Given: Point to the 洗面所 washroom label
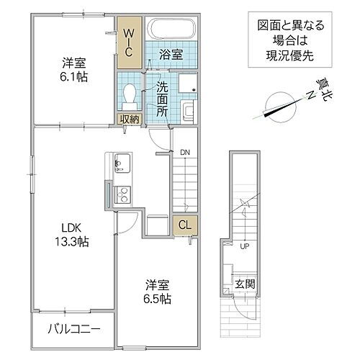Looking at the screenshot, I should [x=162, y=99].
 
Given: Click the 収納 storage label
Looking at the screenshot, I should [x=129, y=120].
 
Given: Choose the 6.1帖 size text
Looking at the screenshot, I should [x=74, y=76].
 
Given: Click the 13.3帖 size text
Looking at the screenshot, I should [x=73, y=243].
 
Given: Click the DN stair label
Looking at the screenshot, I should [x=184, y=152].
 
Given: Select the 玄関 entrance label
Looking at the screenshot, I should [x=245, y=287].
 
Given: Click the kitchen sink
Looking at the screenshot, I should [x=120, y=161].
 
